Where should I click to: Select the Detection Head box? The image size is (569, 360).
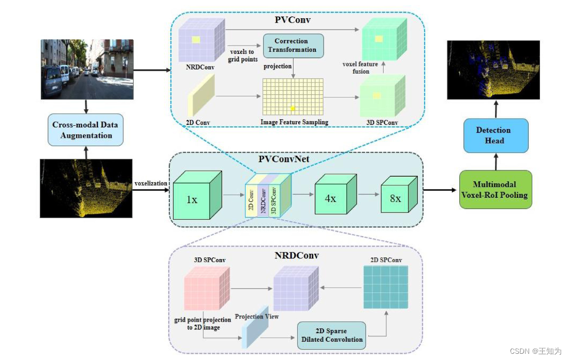pos(495,135)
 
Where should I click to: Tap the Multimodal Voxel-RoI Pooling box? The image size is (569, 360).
pos(495,190)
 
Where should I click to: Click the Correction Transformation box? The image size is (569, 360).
pos(293,46)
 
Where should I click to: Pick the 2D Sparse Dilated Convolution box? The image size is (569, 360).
pos(331,335)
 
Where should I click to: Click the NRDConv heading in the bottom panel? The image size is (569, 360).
pos(296,255)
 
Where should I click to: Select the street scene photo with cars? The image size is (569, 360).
pos(87,69)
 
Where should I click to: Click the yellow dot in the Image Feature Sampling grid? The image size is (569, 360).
pos(293,108)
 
